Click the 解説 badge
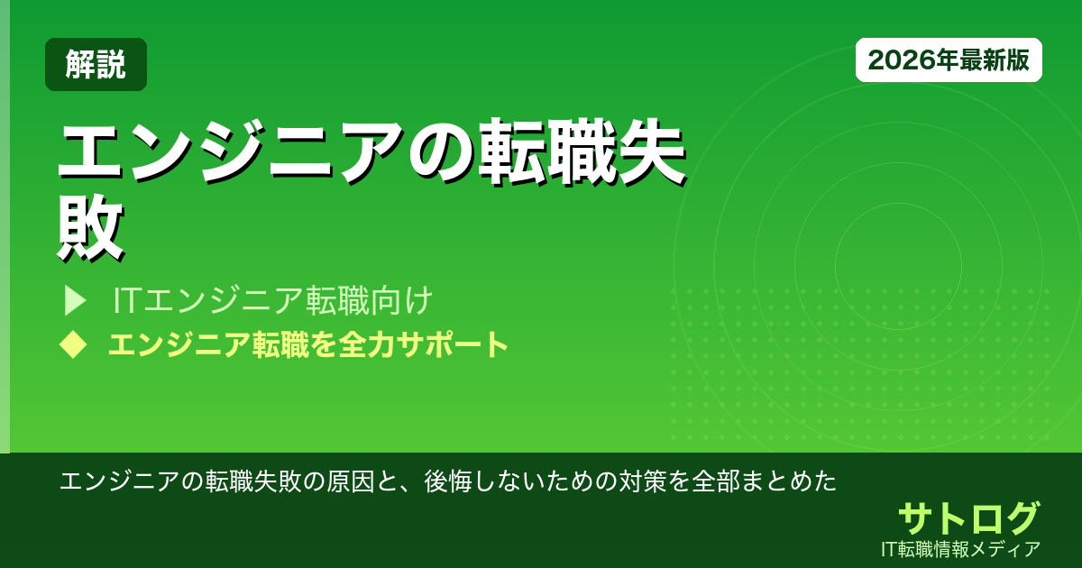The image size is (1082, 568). click(x=96, y=65)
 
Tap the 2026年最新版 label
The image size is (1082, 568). click(x=949, y=60)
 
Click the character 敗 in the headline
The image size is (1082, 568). click(x=90, y=228)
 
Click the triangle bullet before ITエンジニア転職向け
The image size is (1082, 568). click(x=74, y=300)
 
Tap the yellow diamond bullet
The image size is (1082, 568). click(x=72, y=344)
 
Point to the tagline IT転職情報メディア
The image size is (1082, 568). click(x=963, y=548)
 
